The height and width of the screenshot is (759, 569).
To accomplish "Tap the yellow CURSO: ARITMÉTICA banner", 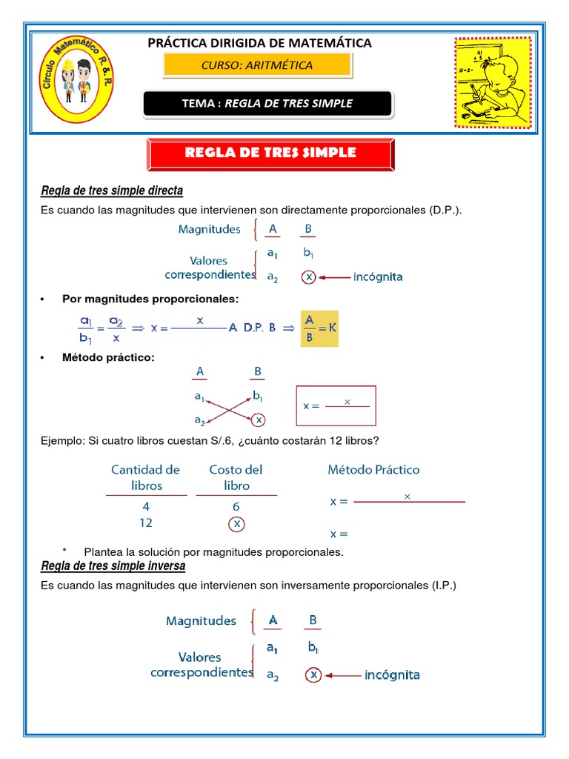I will click(257, 65).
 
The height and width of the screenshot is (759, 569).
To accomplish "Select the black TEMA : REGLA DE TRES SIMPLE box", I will click(267, 103).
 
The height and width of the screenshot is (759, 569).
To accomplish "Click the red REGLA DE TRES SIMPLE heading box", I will click(270, 153).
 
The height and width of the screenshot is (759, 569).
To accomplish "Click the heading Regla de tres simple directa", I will click(112, 191).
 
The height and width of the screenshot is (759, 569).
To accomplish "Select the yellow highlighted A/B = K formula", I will click(319, 328).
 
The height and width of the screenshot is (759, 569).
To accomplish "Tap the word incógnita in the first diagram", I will click(377, 277).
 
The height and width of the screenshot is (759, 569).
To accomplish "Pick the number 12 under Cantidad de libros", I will click(146, 523).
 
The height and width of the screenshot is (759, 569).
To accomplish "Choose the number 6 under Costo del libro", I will click(236, 506).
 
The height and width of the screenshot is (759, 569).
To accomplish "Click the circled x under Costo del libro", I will click(236, 523).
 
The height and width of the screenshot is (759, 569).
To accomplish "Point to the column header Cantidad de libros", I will click(146, 477).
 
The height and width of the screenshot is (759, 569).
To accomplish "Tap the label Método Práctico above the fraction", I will click(373, 470).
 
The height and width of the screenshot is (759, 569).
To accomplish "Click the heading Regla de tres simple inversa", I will click(113, 566).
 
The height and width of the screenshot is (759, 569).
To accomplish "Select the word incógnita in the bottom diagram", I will click(392, 675).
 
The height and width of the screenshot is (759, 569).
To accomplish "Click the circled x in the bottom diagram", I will click(313, 675).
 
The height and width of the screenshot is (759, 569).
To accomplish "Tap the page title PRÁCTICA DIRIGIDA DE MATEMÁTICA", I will click(260, 43).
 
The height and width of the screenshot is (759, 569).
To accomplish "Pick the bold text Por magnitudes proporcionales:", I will click(151, 299).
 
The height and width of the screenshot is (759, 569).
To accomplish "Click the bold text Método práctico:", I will click(109, 358).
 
